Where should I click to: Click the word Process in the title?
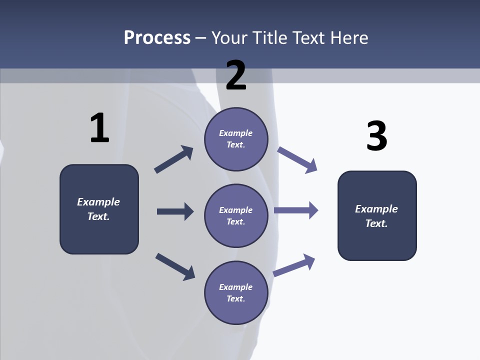[157, 38]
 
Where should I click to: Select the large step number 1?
[99, 128]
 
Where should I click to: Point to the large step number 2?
[236, 75]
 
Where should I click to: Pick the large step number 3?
[376, 136]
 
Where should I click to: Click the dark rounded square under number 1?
[99, 209]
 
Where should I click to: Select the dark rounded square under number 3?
[377, 215]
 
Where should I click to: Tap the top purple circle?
[236, 139]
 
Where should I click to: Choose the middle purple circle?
[236, 215]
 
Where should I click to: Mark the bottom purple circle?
[236, 292]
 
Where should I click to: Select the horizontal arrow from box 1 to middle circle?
[175, 211]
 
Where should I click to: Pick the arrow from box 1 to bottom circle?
[175, 266]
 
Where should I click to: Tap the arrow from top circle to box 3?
[297, 160]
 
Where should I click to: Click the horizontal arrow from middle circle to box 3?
[296, 210]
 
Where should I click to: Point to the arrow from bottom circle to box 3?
[294, 264]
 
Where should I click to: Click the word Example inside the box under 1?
[98, 202]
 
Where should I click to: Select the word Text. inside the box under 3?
[376, 223]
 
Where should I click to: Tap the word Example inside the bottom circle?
[235, 287]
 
